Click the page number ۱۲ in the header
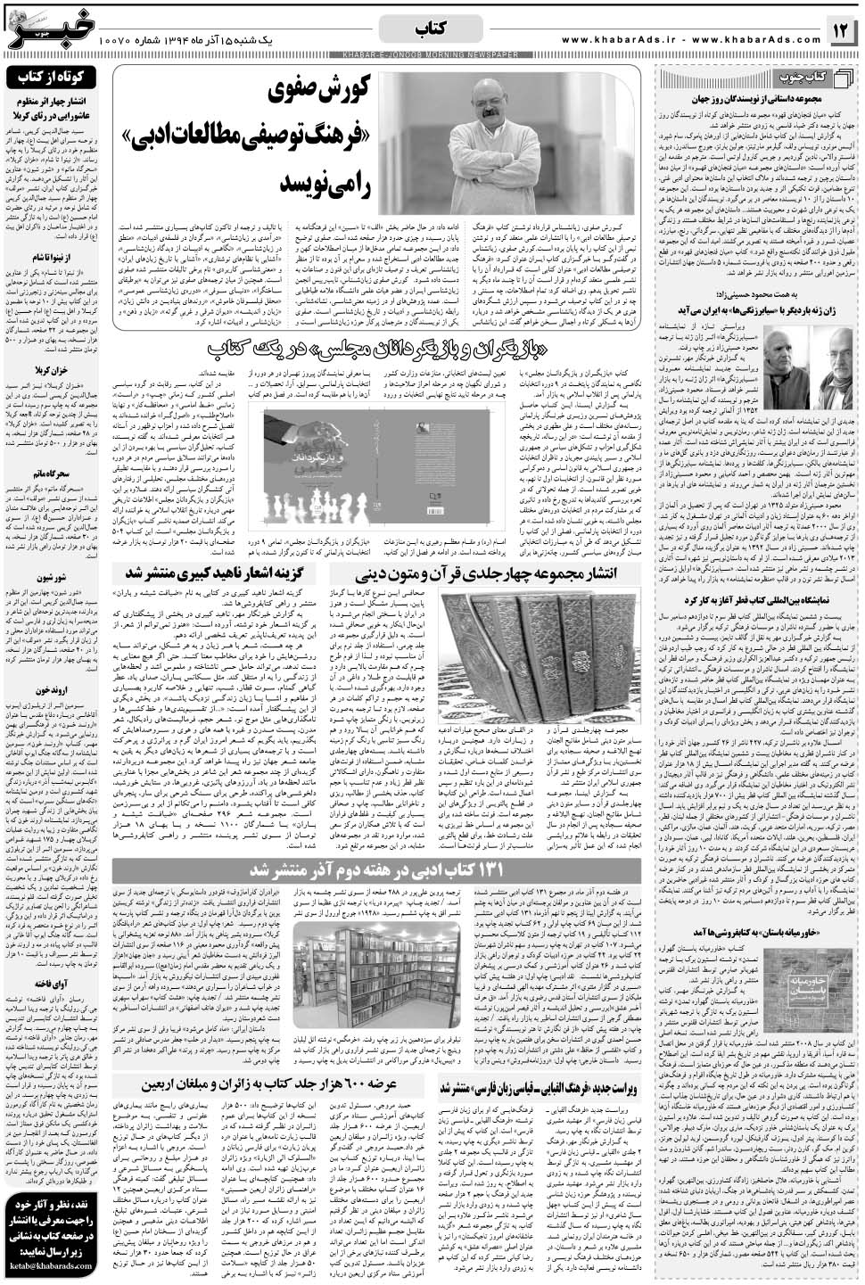coord(842,32)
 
